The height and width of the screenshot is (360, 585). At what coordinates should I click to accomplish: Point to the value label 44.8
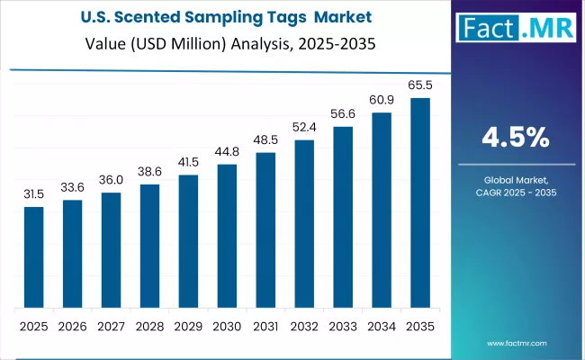pos(228,152)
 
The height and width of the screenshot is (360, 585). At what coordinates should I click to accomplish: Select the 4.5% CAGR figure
pos(515,137)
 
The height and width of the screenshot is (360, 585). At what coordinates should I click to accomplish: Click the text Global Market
pos(516,181)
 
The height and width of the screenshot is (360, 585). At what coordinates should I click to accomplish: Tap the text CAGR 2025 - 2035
pos(516,193)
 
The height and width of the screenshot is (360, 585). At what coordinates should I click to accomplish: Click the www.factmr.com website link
pos(516,344)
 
